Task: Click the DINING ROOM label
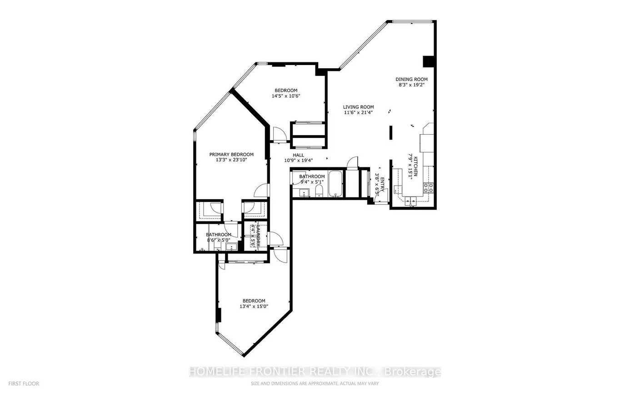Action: click(x=411, y=79)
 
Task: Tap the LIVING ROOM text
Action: click(x=358, y=107)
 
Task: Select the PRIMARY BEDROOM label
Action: click(x=231, y=154)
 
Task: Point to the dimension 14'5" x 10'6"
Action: click(x=286, y=96)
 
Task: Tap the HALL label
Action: click(x=298, y=155)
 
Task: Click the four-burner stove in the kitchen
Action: click(x=428, y=187)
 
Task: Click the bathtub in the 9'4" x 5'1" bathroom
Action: click(x=336, y=184)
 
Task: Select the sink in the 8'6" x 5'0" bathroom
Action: click(x=231, y=247)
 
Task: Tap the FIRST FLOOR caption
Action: click(x=20, y=384)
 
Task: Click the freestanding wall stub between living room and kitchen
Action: click(x=390, y=133)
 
